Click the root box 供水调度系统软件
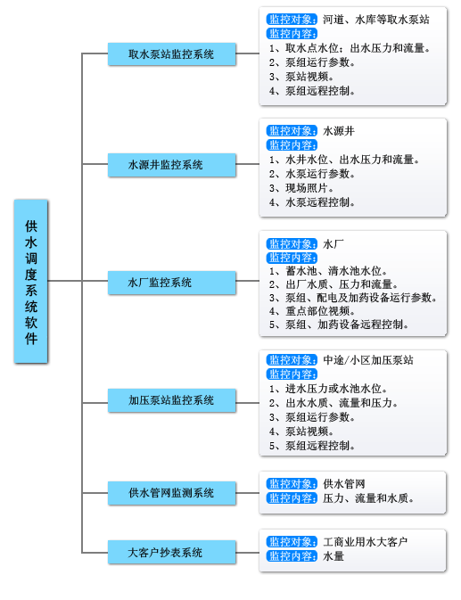click(x=31, y=281)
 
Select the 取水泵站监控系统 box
click(x=172, y=54)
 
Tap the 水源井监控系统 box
click(x=172, y=165)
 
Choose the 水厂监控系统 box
click(x=172, y=283)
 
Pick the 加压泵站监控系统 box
click(x=172, y=400)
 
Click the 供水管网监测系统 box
click(x=172, y=493)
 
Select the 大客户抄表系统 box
click(x=172, y=552)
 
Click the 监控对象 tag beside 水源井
click(x=292, y=131)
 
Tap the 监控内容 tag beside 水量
click(x=292, y=556)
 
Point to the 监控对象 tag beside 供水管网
click(x=292, y=484)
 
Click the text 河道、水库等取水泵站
click(x=376, y=20)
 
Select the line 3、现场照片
click(x=301, y=188)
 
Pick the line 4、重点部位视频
click(x=312, y=311)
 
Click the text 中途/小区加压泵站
click(x=368, y=360)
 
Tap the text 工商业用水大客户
click(x=365, y=542)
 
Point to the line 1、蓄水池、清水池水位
click(x=328, y=271)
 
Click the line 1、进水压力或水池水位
click(x=328, y=389)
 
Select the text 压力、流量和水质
click(x=368, y=498)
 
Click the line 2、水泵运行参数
click(x=312, y=174)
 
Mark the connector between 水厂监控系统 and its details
click(x=248, y=281)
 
